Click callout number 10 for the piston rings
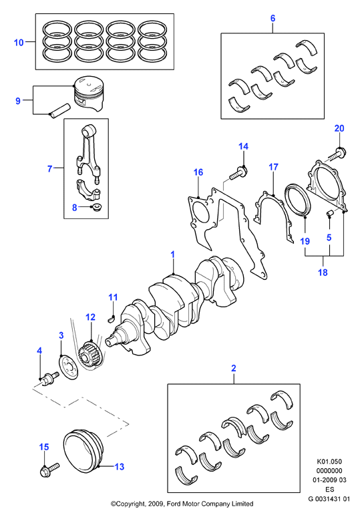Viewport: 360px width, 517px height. [x=19, y=43]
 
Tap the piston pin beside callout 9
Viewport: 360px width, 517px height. [x=60, y=111]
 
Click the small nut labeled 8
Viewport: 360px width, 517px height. [x=98, y=208]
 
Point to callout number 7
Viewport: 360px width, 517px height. [x=50, y=169]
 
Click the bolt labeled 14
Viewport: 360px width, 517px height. [x=238, y=174]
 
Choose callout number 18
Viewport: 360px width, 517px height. [x=323, y=273]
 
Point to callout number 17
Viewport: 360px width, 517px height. [x=273, y=167]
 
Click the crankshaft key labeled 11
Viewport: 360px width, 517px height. [x=112, y=318]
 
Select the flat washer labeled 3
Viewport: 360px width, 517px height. [x=69, y=367]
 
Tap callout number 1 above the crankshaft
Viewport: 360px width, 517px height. [x=172, y=254]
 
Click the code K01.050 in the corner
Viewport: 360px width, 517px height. [x=329, y=462]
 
